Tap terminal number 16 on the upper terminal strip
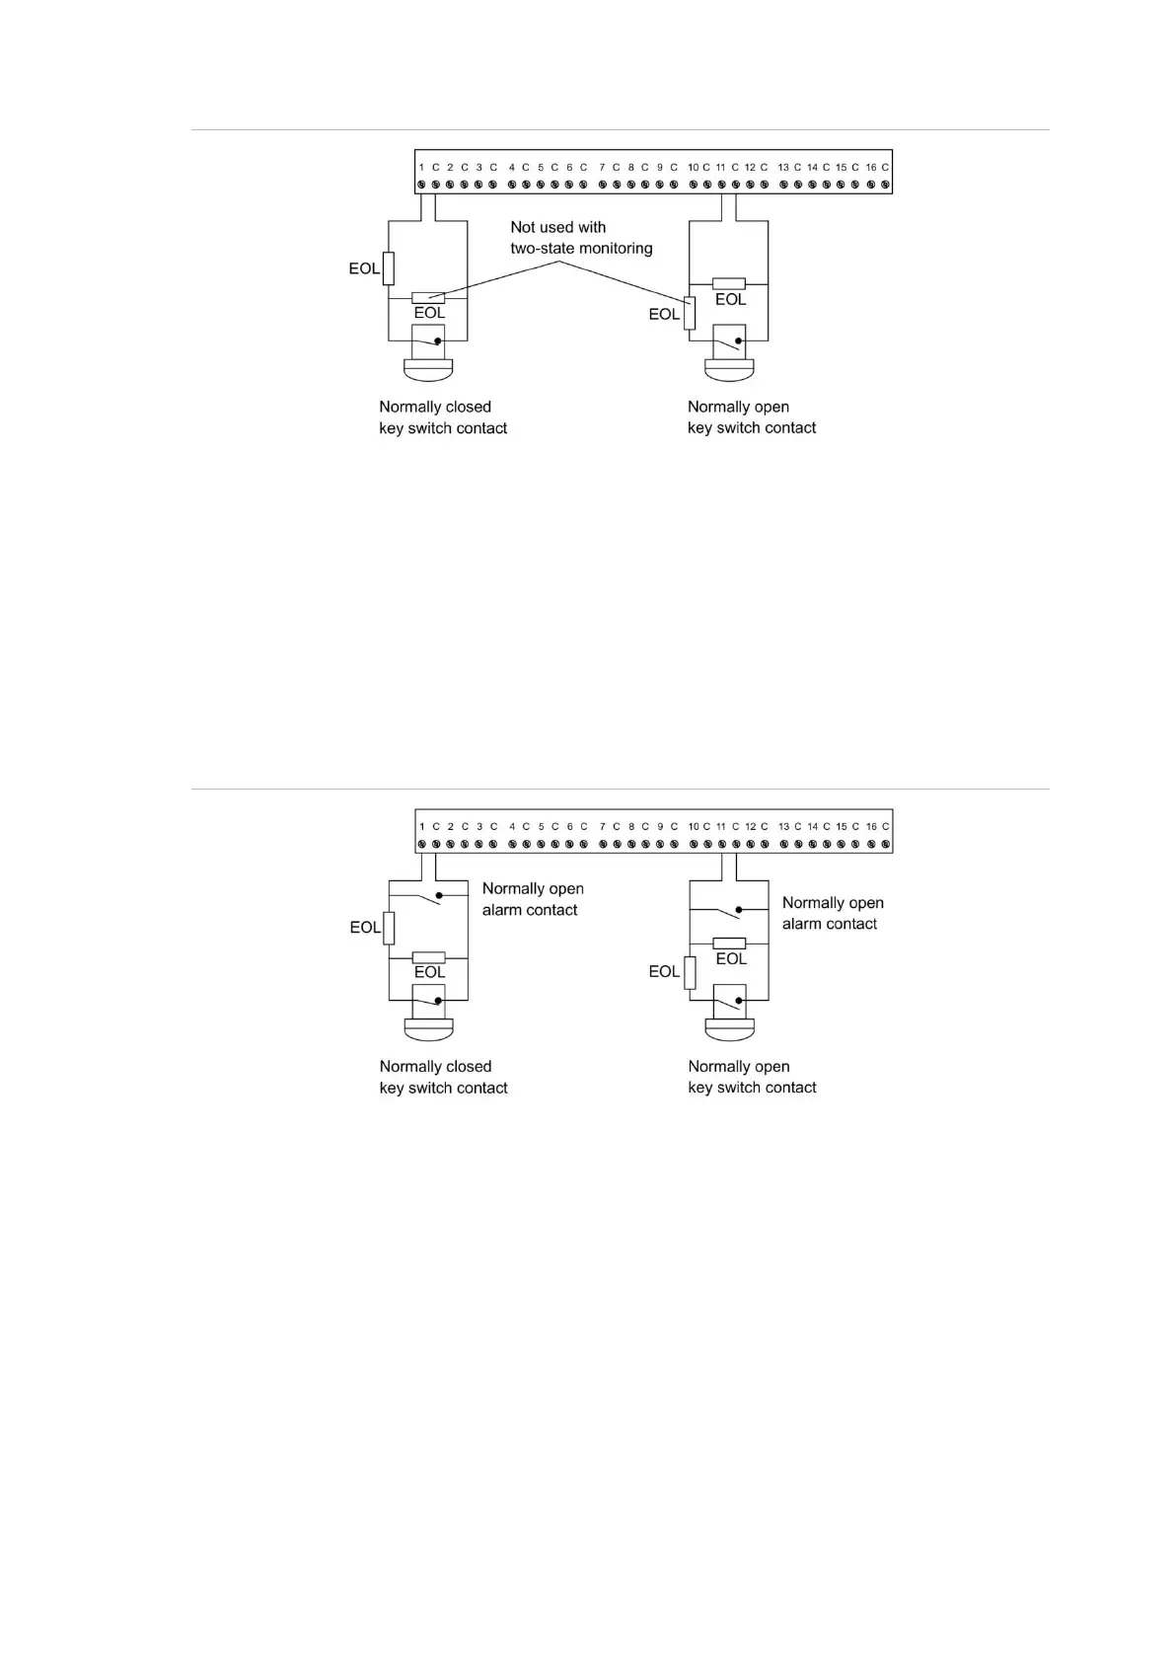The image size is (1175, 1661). (871, 168)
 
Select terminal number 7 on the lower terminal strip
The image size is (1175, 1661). (602, 827)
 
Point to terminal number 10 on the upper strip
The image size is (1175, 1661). (693, 168)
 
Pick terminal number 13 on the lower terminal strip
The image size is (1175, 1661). (783, 827)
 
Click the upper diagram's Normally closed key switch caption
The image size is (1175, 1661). (443, 417)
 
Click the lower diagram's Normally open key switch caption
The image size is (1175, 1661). (752, 1077)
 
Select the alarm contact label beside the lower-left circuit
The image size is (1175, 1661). (533, 899)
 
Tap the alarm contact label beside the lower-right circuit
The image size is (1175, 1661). (833, 913)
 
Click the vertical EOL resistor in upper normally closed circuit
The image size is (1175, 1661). (389, 268)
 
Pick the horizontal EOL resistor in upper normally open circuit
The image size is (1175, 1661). (729, 283)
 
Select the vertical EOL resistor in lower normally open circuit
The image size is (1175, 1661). (690, 972)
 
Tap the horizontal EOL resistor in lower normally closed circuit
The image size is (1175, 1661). (428, 957)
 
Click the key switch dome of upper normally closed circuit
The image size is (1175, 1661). (428, 371)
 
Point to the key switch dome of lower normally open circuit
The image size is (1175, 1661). (730, 1030)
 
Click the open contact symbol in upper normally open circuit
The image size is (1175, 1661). (729, 343)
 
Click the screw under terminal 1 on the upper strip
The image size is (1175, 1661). (421, 184)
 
